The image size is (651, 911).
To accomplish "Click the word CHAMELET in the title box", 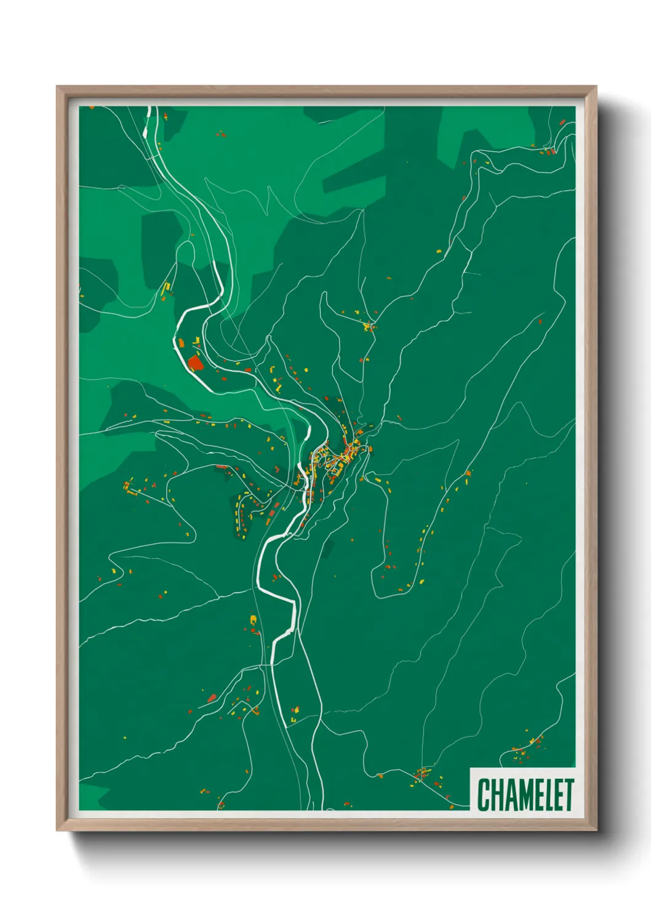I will point(525,795).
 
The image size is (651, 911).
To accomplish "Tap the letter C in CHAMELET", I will point(483,795).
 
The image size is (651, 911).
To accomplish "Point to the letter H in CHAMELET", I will point(496,795).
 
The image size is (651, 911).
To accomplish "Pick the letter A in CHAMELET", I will point(508,795).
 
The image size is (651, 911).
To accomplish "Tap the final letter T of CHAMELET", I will point(568,795).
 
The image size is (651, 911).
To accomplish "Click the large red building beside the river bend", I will point(195,362).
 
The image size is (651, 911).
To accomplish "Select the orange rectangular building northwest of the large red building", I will point(182,342).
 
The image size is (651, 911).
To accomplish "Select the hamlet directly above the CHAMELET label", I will point(528,745).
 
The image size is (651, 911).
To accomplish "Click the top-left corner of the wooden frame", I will point(57,87).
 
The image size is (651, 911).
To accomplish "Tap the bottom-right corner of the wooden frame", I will point(596,830).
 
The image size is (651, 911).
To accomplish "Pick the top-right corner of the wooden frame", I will point(596,87).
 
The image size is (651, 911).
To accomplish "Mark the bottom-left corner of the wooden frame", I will point(57,830).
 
